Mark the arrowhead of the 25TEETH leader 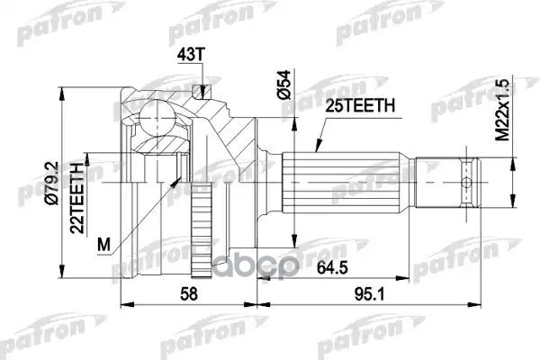(316, 147)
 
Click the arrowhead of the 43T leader (206, 93)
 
